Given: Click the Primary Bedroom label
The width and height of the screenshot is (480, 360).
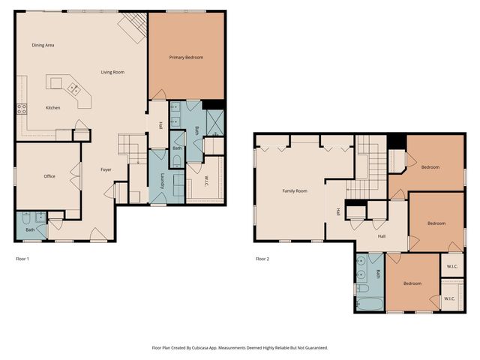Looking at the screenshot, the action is [x=186, y=57].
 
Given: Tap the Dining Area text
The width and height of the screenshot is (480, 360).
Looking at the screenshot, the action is [x=43, y=45].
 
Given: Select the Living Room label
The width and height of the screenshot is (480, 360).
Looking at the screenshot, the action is [x=112, y=72].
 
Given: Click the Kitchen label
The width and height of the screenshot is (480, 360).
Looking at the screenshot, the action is [x=53, y=108].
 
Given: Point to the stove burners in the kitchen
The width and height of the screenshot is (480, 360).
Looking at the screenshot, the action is [x=22, y=109].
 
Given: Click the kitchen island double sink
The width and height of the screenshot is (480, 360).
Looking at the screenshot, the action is [x=73, y=88].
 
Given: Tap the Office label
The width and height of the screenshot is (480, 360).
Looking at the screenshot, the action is [x=49, y=176].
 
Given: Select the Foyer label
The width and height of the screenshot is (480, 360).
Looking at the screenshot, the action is [x=106, y=169].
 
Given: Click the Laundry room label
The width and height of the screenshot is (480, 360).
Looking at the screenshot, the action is [x=162, y=181].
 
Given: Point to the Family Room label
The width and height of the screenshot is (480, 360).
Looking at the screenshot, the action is [x=295, y=191].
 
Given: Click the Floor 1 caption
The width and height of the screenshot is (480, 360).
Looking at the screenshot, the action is [x=22, y=259].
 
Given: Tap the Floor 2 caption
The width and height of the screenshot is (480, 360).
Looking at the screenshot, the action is [x=262, y=259].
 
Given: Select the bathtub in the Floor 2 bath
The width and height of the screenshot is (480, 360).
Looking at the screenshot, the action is [x=370, y=304].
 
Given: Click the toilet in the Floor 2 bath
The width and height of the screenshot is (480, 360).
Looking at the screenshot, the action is [x=362, y=288].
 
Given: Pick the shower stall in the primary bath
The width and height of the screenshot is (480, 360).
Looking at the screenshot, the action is [x=215, y=123].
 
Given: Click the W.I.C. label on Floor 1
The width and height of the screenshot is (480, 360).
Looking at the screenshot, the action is [x=205, y=181].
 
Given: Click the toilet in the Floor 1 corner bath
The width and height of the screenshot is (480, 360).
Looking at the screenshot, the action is [x=25, y=218].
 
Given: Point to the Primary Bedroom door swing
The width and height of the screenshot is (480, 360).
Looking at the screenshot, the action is [x=159, y=94].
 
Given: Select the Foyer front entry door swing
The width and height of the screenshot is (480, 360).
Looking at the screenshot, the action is [x=98, y=234].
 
